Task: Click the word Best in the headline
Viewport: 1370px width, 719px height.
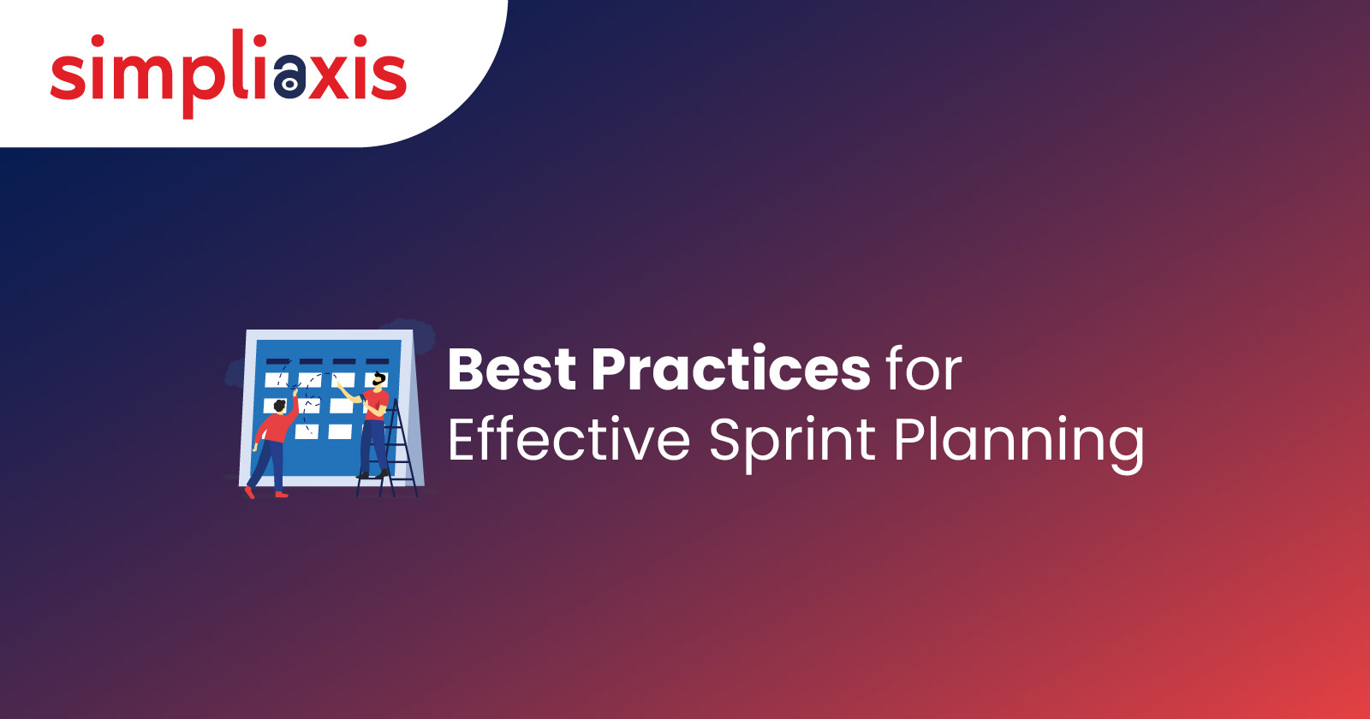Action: click(512, 369)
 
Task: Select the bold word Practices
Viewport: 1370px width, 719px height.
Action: click(731, 369)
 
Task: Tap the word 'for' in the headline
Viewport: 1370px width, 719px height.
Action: click(924, 369)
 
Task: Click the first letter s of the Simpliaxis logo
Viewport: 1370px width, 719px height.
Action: click(68, 75)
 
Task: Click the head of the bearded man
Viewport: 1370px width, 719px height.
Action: click(379, 380)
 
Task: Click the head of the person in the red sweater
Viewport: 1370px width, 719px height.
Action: click(279, 406)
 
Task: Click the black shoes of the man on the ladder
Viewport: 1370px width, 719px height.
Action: click(372, 474)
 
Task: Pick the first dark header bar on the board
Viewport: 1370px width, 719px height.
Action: click(277, 361)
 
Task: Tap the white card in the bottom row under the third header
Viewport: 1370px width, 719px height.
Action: click(340, 432)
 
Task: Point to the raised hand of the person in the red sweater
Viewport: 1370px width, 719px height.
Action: click(295, 393)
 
